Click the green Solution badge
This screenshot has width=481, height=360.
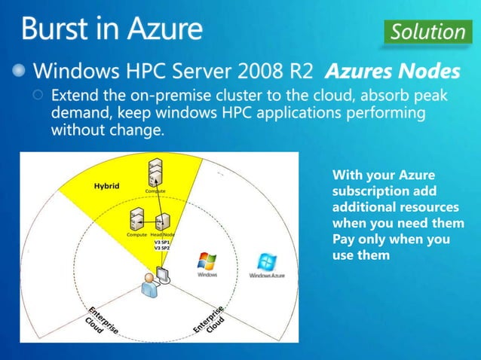[427, 32]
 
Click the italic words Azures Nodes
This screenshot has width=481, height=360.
[392, 72]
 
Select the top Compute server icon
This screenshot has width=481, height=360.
[156, 172]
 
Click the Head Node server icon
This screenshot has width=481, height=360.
[161, 221]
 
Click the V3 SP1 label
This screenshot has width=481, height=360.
[161, 241]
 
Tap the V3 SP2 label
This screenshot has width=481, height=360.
[161, 248]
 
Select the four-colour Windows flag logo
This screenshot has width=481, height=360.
[207, 261]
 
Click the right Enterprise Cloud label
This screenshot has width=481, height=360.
[210, 321]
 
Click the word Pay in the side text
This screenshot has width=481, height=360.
[344, 239]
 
